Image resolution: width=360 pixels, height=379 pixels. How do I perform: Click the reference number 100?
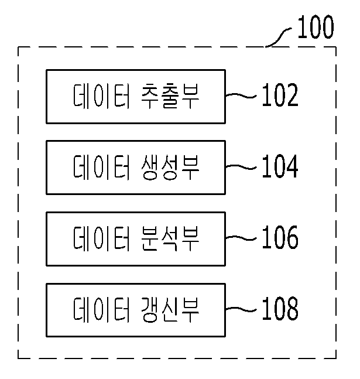[x=316, y=27]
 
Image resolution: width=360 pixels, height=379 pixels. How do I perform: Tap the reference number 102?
[x=280, y=95]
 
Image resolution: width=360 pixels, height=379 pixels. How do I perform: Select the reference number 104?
[x=280, y=166]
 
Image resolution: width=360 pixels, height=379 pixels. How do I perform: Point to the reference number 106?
[x=280, y=237]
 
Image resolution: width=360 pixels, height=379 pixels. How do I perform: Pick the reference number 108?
[x=280, y=309]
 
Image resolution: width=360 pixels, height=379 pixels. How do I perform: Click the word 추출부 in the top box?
[x=170, y=96]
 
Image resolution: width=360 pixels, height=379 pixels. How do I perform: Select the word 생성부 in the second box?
[x=170, y=168]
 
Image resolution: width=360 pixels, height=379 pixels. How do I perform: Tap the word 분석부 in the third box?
[x=170, y=238]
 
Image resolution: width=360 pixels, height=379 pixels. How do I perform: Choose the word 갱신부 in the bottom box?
[x=170, y=310]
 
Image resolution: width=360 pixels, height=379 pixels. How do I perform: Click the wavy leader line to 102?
[x=241, y=95]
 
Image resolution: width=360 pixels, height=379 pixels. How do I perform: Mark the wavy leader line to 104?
[x=241, y=167]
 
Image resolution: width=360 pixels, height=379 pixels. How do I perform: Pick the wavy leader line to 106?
[x=241, y=238]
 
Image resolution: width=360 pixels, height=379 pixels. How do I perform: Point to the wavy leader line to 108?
[x=241, y=310]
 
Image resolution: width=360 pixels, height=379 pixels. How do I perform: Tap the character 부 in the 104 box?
[x=190, y=168]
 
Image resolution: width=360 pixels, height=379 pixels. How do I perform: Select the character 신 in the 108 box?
[x=170, y=310]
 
